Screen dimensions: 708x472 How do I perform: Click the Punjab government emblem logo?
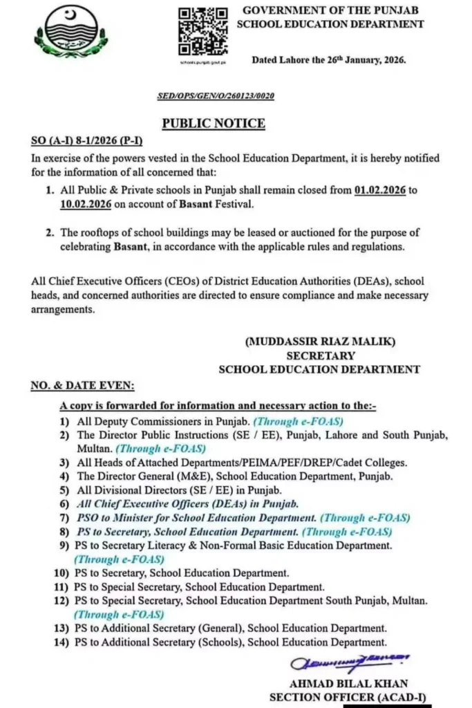[x=71, y=33]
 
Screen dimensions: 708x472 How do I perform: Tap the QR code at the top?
[x=203, y=32]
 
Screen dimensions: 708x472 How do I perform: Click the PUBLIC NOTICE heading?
[x=214, y=123]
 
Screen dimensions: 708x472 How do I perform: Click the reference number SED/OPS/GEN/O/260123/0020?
[x=215, y=95]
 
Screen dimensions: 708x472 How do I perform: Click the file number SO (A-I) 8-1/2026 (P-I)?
[x=87, y=141]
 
